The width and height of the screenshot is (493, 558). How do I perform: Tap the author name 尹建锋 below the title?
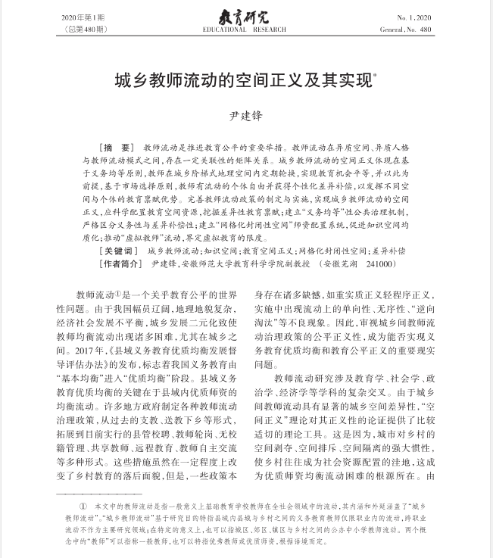246,116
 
